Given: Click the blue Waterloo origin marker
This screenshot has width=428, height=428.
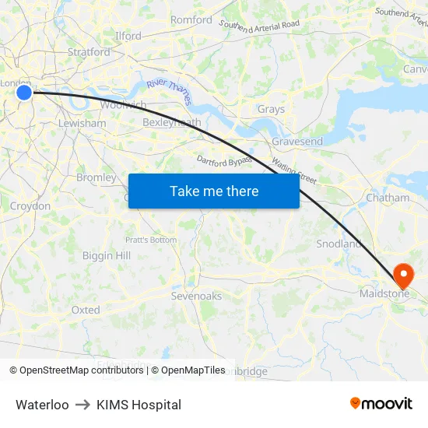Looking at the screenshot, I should click(x=24, y=93).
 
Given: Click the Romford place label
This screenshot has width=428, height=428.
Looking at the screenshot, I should click(x=191, y=20).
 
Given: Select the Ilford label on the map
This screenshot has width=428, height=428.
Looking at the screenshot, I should click(x=128, y=36).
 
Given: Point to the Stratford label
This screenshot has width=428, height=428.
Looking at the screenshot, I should click(x=89, y=52).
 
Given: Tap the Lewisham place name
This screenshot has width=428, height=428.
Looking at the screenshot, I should click(x=82, y=123).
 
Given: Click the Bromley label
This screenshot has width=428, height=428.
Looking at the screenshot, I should click(x=96, y=177).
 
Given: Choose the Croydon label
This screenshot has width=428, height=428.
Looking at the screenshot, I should click(x=30, y=206).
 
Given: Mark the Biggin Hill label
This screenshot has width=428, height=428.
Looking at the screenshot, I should click(x=107, y=255).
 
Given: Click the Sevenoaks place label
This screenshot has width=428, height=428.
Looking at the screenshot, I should click(x=196, y=296).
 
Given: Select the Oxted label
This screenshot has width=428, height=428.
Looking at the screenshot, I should click(x=86, y=310).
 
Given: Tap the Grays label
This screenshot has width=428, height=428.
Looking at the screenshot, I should click(x=271, y=110).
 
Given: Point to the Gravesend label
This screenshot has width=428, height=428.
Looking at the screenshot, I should click(x=297, y=142).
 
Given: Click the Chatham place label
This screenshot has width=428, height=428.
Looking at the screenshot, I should click(x=388, y=198).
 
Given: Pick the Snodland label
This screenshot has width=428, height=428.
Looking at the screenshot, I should click(x=339, y=244).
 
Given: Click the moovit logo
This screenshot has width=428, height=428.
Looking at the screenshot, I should click(x=381, y=403).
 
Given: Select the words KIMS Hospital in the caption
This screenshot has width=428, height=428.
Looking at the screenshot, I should click(x=139, y=405).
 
